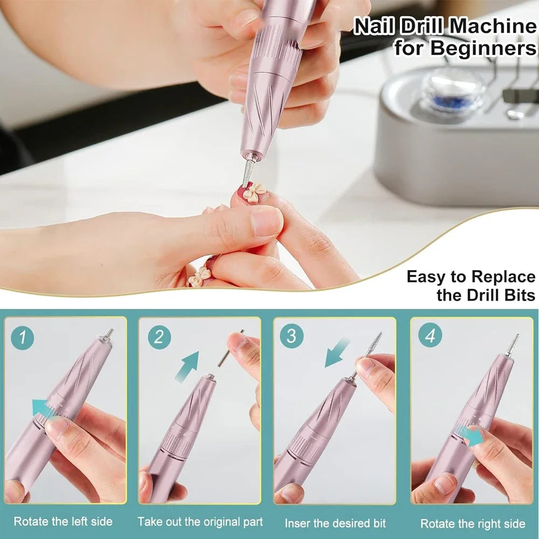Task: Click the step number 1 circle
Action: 23,338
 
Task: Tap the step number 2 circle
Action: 159,338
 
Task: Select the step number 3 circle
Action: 291,337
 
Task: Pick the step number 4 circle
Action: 430,336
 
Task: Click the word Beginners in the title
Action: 482,48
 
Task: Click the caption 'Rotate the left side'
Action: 63,521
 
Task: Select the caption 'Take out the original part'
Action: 200,521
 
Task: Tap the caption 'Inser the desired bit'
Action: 335,522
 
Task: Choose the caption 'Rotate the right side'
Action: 473,523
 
